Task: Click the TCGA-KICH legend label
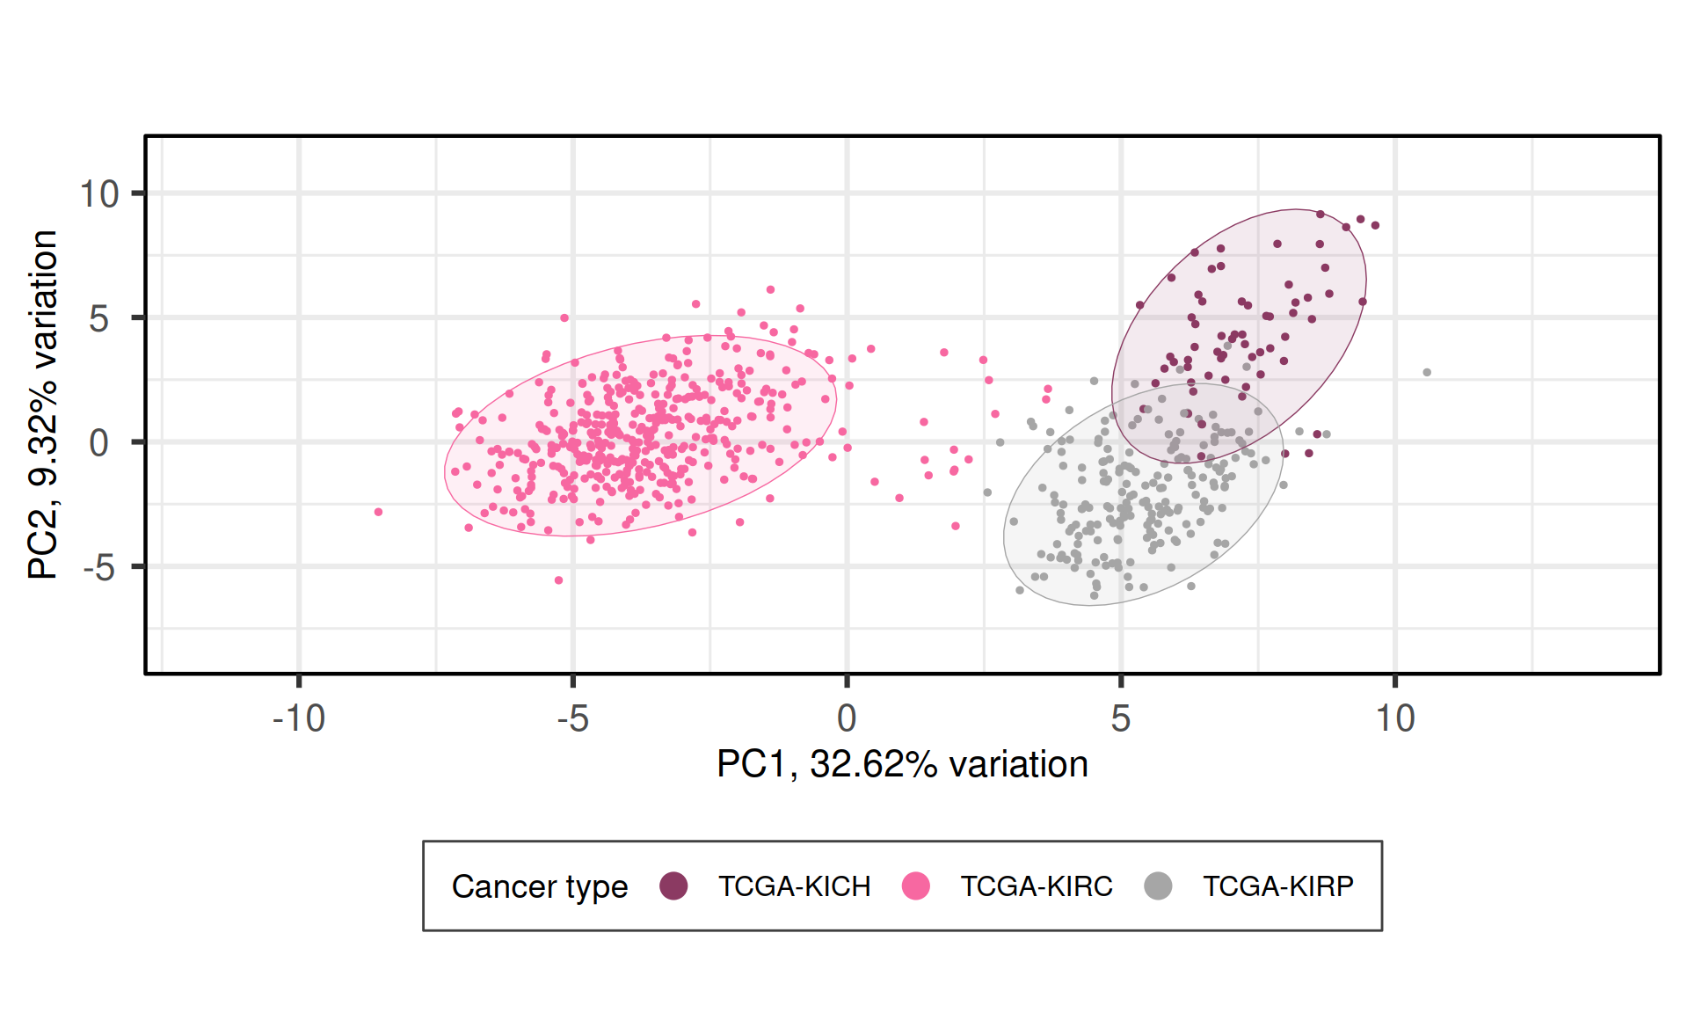794,886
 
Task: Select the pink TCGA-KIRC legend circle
916,885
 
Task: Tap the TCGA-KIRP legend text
1277,886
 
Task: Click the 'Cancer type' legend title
539,886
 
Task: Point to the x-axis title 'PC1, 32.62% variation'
902,764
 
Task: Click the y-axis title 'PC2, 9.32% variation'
43,404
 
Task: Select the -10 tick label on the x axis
299,719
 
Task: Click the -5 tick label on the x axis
572,719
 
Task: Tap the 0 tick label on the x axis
847,719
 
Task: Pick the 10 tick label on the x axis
1394,719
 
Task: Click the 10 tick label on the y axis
99,194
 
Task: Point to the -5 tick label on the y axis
99,568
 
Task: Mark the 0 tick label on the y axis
99,443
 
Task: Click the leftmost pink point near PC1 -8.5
378,512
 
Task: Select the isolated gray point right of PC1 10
1427,373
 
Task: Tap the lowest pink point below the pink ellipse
558,580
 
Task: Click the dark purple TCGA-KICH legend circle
673,885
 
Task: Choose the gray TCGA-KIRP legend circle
1159,885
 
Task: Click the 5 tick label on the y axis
99,318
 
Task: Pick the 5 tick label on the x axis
1120,719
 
